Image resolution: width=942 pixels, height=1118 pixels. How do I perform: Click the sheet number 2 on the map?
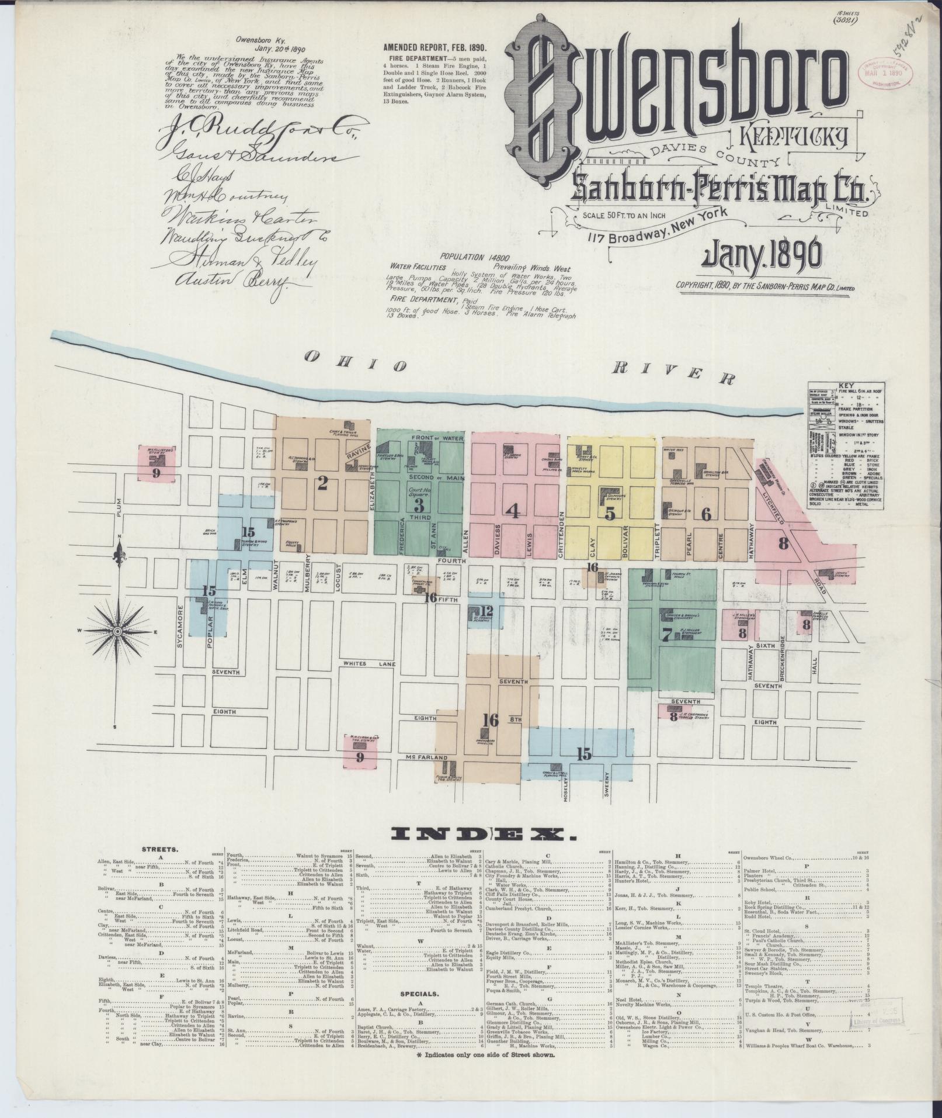[x=322, y=483]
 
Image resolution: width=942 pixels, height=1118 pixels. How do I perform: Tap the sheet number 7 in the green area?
[x=666, y=635]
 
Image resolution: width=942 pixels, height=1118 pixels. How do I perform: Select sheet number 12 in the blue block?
[x=488, y=611]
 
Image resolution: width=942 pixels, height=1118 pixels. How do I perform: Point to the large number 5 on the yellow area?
[x=610, y=514]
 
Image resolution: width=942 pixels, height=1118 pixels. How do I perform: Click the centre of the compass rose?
[x=117, y=632]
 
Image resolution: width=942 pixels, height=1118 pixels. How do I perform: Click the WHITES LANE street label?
[x=363, y=664]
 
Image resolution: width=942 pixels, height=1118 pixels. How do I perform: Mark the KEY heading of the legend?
[x=846, y=386]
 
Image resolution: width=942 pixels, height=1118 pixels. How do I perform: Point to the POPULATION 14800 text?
[x=470, y=257]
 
